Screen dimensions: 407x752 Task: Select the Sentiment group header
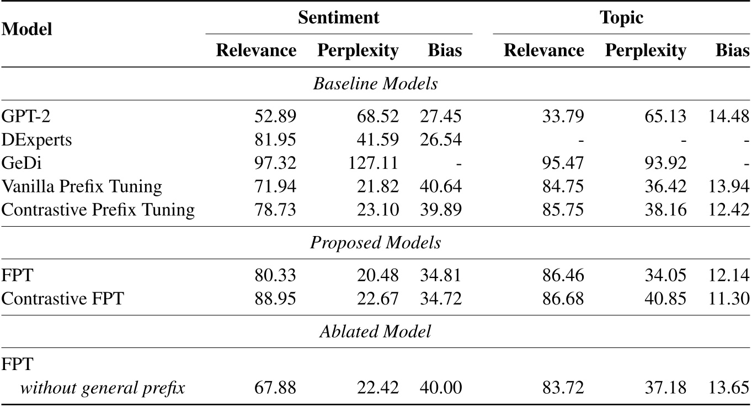click(338, 17)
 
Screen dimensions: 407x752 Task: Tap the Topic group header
click(621, 17)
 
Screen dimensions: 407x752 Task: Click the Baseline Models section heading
click(375, 84)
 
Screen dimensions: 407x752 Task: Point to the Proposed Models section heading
click(375, 243)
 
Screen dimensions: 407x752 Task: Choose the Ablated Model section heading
click(375, 331)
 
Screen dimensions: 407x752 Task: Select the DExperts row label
click(36, 140)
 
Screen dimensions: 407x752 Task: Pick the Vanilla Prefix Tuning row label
click(82, 186)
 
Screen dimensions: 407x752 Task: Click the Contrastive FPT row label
click(62, 298)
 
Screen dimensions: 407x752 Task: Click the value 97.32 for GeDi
click(275, 163)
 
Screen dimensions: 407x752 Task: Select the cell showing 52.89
click(275, 117)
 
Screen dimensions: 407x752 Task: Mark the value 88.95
click(275, 298)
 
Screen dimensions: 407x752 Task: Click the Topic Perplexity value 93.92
click(665, 163)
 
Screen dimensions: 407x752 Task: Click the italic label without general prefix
click(102, 388)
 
